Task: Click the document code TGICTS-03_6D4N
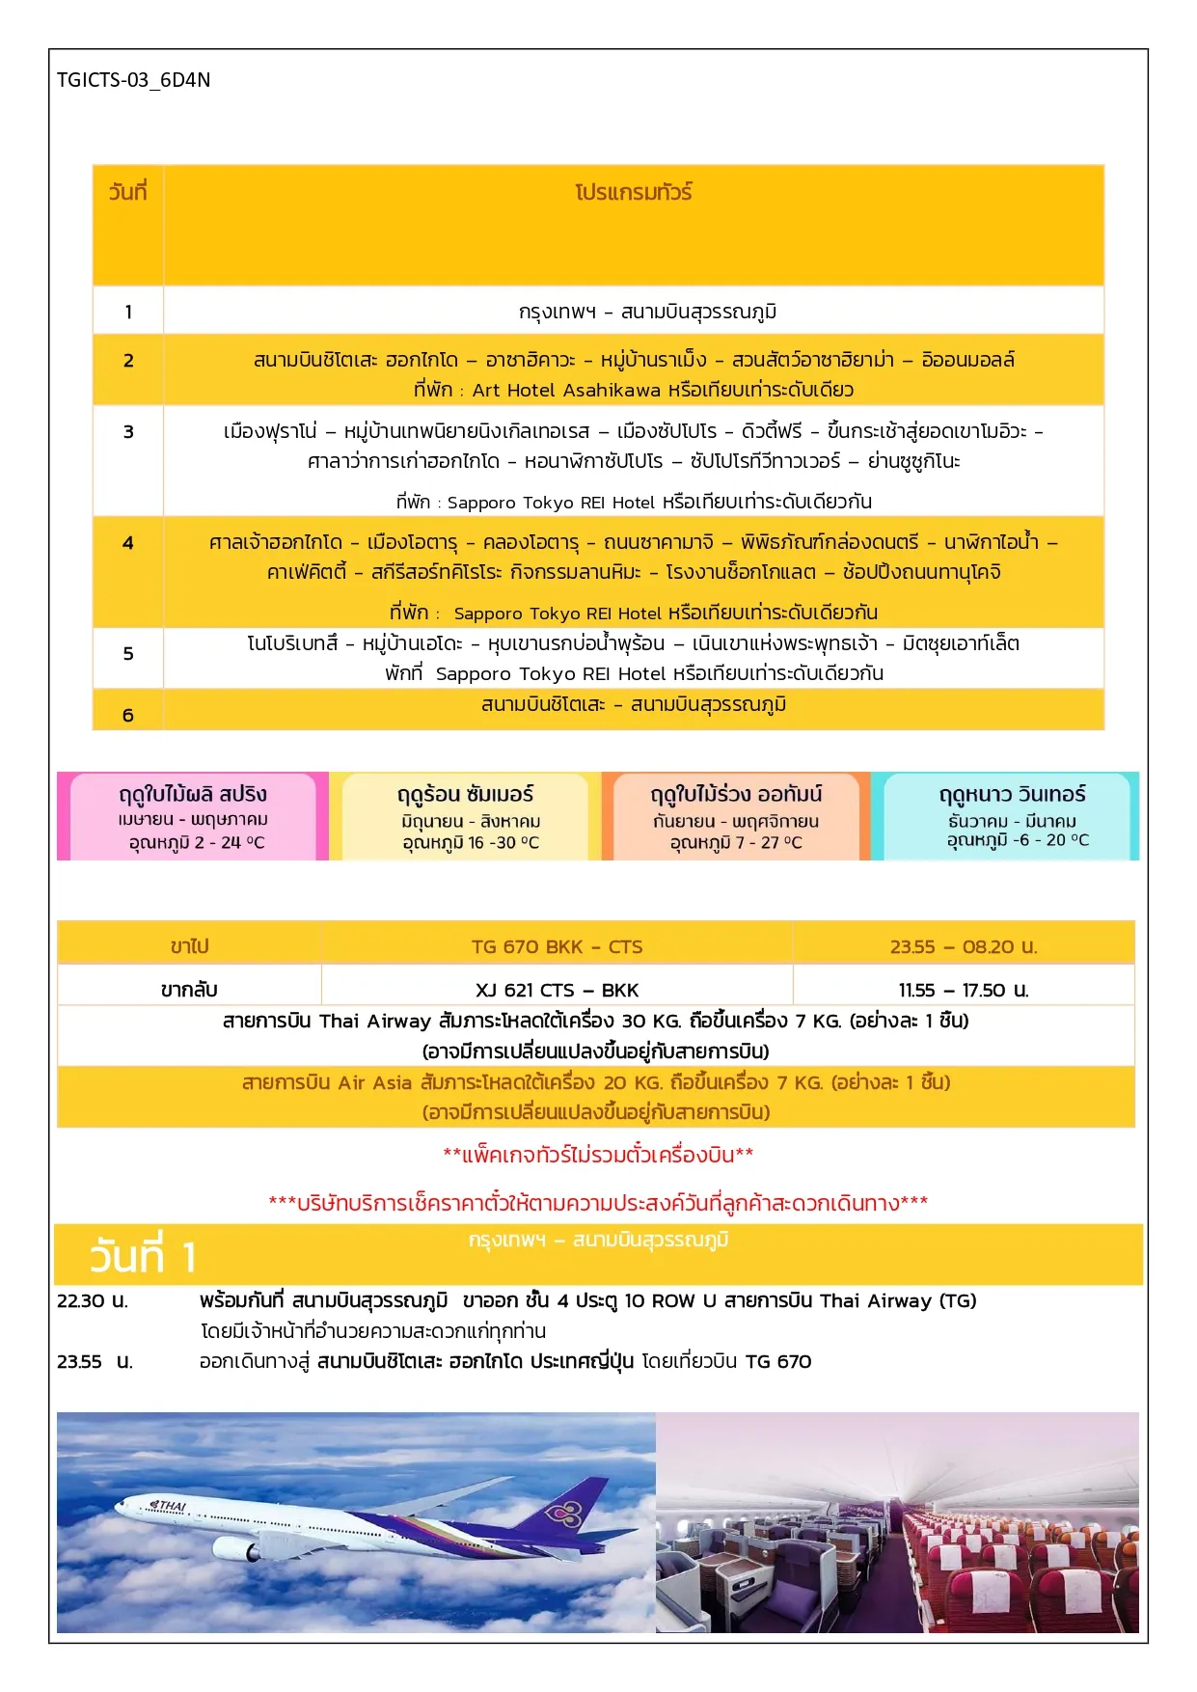coord(133,80)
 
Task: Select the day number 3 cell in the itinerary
coord(128,432)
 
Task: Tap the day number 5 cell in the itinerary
coord(128,654)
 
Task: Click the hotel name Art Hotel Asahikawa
coord(566,391)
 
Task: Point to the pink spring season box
coord(192,816)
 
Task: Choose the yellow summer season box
coord(466,816)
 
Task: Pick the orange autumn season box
coord(736,816)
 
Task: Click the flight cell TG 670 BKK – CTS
coord(557,947)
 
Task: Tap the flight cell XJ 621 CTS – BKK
coord(557,991)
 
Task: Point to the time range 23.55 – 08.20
coord(963,947)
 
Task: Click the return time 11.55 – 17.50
coord(963,991)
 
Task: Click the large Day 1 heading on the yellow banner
coord(143,1257)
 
